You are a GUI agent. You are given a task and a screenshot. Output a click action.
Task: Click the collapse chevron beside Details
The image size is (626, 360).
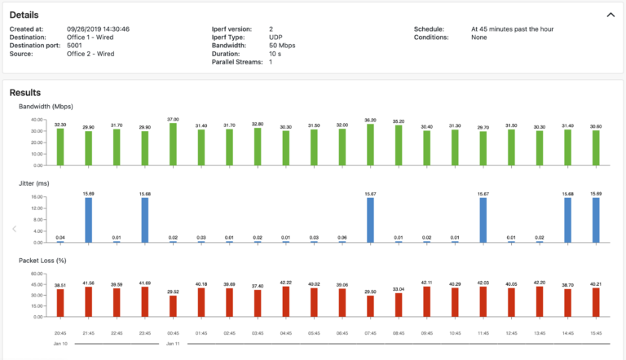pos(611,15)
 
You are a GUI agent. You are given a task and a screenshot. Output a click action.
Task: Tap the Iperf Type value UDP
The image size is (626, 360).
pos(276,37)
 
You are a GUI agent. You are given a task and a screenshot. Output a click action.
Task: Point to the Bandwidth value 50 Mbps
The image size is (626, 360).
pos(283,46)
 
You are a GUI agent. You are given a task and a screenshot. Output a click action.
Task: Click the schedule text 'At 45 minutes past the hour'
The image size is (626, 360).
pos(512,29)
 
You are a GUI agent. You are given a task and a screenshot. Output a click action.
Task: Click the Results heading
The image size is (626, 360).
pos(26,93)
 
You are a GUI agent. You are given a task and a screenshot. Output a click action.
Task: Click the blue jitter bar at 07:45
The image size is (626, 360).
pos(370,220)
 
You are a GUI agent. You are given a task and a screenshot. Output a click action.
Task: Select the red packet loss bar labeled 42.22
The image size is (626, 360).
pos(285,301)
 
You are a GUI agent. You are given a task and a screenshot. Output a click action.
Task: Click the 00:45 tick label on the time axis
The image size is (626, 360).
pos(173,332)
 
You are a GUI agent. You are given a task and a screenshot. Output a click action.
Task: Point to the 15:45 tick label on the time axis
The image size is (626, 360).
pos(596,332)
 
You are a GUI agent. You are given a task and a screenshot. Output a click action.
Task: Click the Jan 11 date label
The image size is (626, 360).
pos(173,344)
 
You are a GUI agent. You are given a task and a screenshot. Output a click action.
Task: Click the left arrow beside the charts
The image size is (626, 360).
pos(14,229)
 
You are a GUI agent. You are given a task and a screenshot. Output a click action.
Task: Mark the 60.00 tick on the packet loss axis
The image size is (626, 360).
pos(37,274)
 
